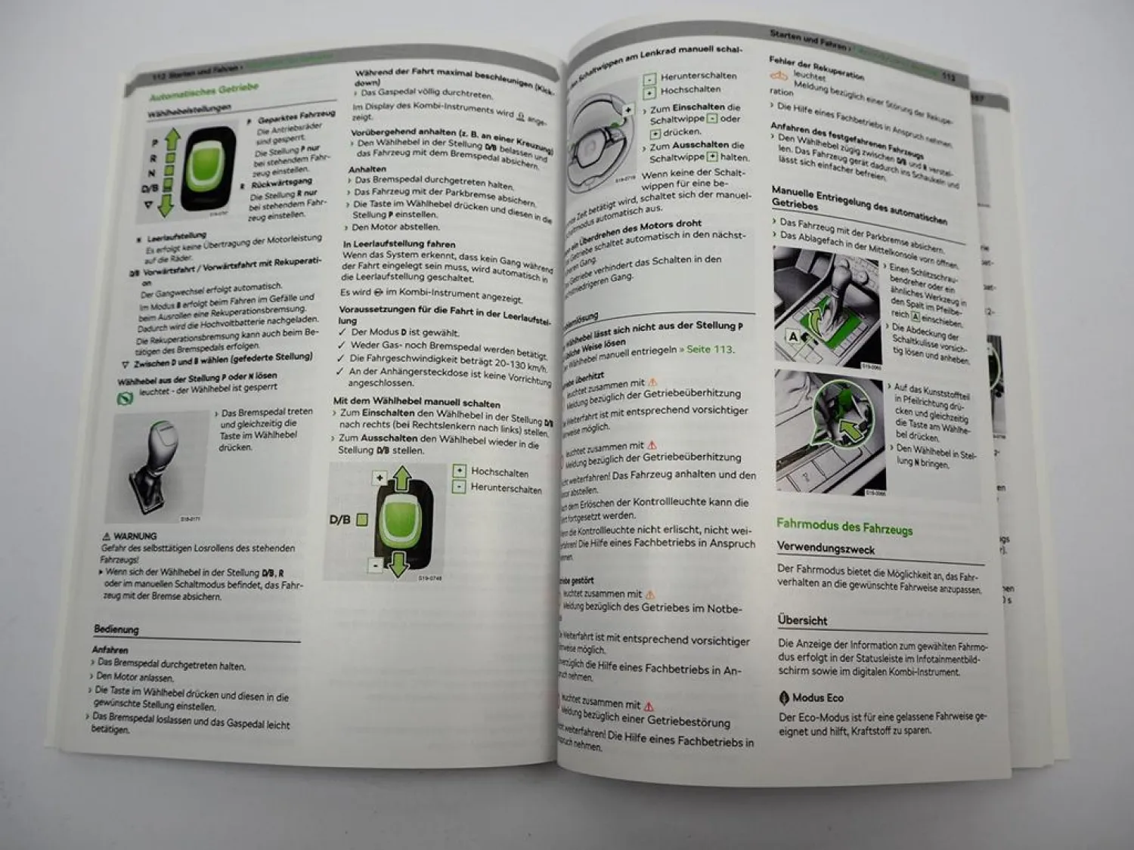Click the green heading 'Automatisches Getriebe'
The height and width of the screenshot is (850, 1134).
(203, 91)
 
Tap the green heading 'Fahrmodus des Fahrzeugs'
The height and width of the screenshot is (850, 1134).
(844, 526)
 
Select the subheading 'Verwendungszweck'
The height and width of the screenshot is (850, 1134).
(826, 549)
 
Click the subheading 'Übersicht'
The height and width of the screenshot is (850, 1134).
(802, 620)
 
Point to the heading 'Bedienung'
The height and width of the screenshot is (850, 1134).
(116, 629)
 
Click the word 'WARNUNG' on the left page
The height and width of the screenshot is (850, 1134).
(135, 536)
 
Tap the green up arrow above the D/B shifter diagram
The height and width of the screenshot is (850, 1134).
(401, 479)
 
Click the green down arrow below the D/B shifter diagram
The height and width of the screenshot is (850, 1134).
(398, 564)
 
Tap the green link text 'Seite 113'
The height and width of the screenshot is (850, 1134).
(710, 349)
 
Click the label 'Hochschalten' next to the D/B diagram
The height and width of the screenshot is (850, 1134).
(499, 472)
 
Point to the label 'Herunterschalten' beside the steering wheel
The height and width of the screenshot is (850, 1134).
(698, 76)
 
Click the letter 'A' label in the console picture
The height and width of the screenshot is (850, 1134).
(792, 336)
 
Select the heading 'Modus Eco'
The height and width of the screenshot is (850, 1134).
(816, 697)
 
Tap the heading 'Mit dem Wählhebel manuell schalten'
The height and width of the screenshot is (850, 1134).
(417, 402)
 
